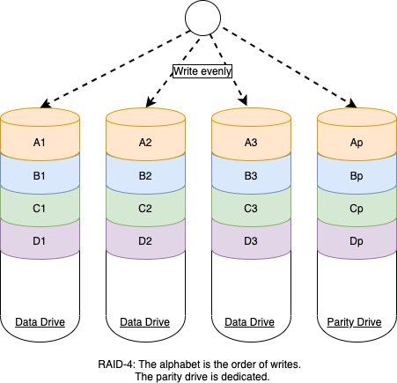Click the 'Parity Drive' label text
coord(355,322)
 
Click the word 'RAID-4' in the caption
coord(114,364)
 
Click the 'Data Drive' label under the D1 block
coord(38,322)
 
